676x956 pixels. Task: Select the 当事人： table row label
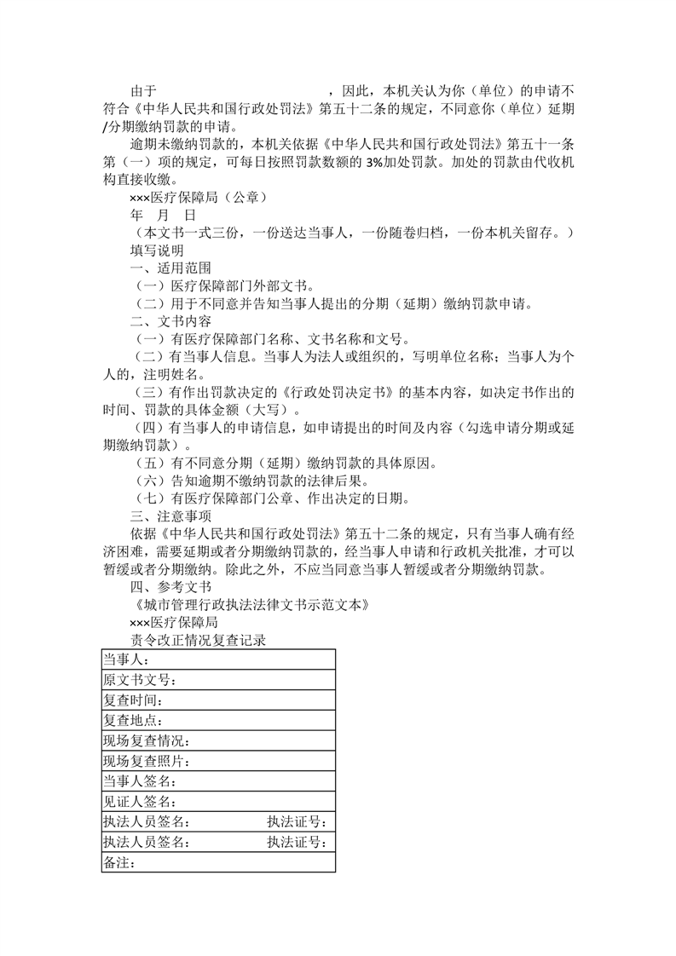(127, 660)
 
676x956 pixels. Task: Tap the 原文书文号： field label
(141, 681)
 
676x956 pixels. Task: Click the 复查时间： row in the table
(134, 700)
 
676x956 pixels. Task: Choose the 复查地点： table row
(134, 721)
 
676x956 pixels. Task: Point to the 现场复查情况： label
(147, 741)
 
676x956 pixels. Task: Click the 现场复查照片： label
(147, 761)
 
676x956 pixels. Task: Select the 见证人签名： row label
(141, 802)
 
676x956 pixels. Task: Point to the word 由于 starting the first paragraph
(143, 90)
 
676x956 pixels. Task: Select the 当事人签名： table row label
(141, 781)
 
